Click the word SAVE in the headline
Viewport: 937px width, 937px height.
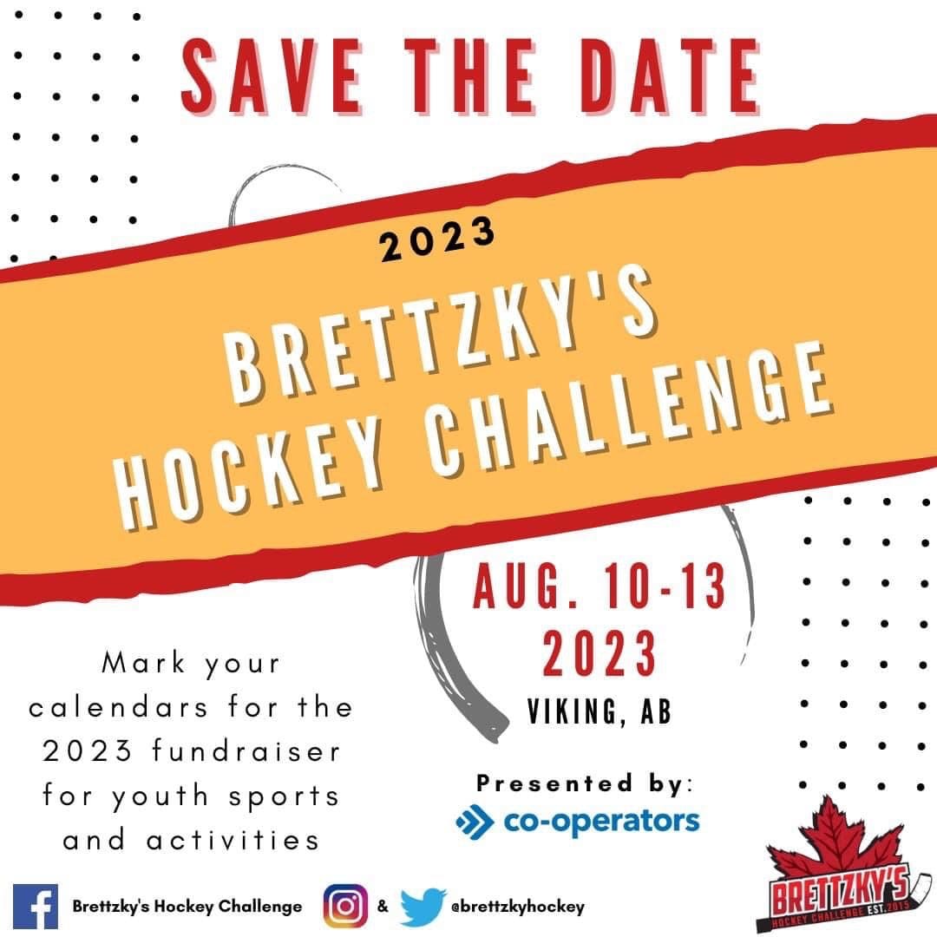point(272,75)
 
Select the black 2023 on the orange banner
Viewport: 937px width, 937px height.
point(437,239)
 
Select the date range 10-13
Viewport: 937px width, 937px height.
point(664,586)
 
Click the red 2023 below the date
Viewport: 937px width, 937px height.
point(600,653)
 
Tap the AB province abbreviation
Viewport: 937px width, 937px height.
point(656,711)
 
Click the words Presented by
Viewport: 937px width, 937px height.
point(584,783)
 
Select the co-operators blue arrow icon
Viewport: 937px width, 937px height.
point(475,822)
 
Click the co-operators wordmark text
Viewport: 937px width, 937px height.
point(601,822)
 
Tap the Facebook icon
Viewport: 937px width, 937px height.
point(36,906)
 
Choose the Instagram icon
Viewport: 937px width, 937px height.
point(345,906)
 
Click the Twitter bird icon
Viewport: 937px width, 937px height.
point(423,906)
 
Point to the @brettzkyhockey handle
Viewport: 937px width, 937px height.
point(517,907)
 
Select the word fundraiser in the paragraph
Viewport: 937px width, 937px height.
point(246,750)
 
